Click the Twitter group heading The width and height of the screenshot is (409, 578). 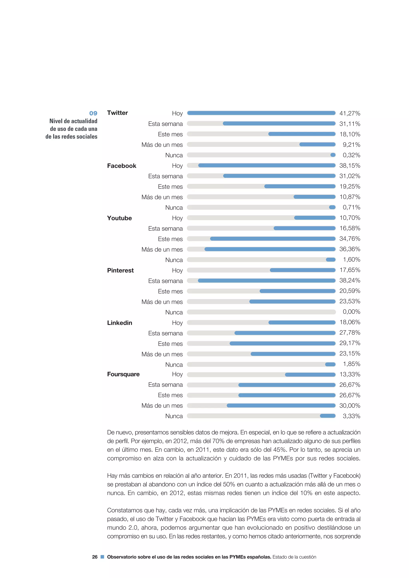click(x=117, y=113)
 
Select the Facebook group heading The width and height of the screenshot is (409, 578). click(x=121, y=166)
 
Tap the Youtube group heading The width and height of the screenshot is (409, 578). click(x=119, y=218)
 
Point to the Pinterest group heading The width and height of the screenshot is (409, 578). click(x=120, y=270)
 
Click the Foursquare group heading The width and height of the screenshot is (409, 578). click(x=123, y=374)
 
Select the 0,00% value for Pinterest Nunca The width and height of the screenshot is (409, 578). click(x=351, y=312)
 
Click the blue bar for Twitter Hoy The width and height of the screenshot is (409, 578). click(x=261, y=113)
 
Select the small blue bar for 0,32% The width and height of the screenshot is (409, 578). click(x=333, y=155)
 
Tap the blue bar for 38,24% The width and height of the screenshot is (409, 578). click(x=266, y=281)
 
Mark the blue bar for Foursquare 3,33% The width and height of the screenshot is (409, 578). click(x=328, y=416)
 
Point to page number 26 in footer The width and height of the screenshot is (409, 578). click(x=95, y=557)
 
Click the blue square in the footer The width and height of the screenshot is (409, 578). click(x=102, y=557)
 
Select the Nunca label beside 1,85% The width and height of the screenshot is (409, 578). click(x=174, y=365)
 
